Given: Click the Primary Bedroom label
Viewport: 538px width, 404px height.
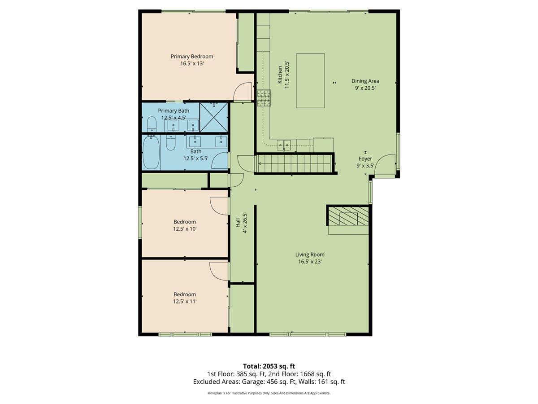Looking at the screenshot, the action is click(192, 57).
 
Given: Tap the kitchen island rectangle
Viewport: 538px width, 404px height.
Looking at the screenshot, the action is click(310, 81).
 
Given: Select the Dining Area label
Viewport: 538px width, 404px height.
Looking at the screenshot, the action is click(365, 81).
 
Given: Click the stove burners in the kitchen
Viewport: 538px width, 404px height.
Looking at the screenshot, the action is click(264, 98).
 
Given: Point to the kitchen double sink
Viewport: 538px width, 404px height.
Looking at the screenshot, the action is click(284, 145).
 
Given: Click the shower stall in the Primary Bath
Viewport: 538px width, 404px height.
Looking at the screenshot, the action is click(214, 117).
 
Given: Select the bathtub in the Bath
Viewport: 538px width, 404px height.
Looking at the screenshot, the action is click(151, 153).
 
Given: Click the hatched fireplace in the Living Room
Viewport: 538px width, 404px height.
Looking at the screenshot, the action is click(348, 216).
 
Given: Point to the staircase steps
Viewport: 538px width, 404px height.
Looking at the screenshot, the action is click(294, 164).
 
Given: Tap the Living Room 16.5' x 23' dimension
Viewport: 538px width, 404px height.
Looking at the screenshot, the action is click(310, 262).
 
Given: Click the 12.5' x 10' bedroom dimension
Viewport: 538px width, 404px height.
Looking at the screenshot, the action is click(185, 229).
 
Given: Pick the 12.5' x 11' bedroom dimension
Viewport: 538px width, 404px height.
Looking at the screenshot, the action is click(185, 301).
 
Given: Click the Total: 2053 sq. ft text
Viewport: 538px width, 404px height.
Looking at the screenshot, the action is click(269, 366).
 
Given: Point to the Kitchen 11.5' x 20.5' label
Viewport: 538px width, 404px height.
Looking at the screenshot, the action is click(283, 75).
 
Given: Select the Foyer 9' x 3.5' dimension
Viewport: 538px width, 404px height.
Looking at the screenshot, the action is click(365, 166).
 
